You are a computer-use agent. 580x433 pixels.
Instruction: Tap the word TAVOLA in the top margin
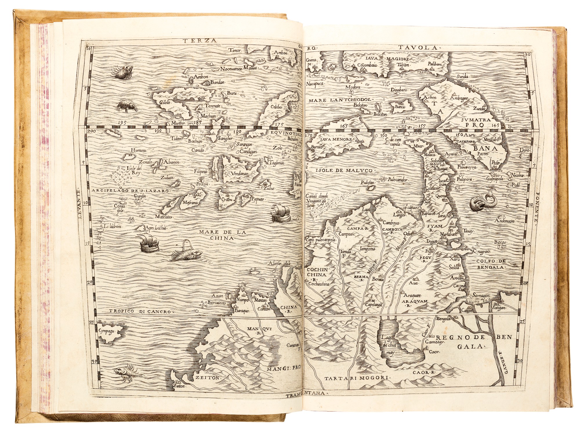point(428,48)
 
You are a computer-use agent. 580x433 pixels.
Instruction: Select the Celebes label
point(276,107)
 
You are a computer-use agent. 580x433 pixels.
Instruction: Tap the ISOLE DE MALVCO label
point(344,170)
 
